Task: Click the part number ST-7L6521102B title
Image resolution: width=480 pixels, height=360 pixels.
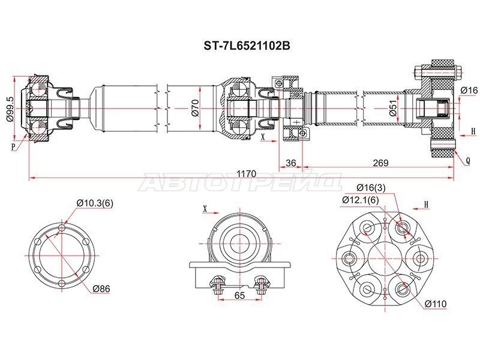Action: (x=247, y=46)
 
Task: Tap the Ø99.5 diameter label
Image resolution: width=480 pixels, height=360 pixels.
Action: (x=10, y=109)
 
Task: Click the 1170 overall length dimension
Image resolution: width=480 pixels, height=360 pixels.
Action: (x=247, y=173)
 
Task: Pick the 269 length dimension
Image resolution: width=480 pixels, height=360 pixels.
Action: (x=380, y=163)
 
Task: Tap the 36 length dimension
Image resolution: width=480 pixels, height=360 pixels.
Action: (x=290, y=163)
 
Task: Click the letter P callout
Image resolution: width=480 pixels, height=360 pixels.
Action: (x=13, y=147)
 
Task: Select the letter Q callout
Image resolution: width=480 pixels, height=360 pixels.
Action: (x=468, y=160)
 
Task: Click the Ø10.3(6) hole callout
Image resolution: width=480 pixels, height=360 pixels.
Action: (x=95, y=203)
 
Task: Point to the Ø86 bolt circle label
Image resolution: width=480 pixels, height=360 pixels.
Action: (x=101, y=289)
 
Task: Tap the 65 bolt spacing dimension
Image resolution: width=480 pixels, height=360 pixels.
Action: (x=239, y=295)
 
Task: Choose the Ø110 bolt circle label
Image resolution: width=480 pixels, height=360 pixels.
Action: (x=436, y=304)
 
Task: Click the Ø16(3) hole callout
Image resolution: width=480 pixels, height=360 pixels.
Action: (x=371, y=187)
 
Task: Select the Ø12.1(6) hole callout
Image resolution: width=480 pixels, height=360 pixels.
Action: (x=361, y=200)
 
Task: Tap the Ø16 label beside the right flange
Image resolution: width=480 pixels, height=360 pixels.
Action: (x=469, y=90)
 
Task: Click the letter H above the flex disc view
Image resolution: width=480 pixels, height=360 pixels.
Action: (x=426, y=205)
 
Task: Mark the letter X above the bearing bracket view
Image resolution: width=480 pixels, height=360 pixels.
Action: (x=205, y=208)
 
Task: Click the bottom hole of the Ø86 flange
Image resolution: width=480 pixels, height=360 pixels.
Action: (x=62, y=283)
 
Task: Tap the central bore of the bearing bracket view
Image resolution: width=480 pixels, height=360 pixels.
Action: (x=239, y=244)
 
